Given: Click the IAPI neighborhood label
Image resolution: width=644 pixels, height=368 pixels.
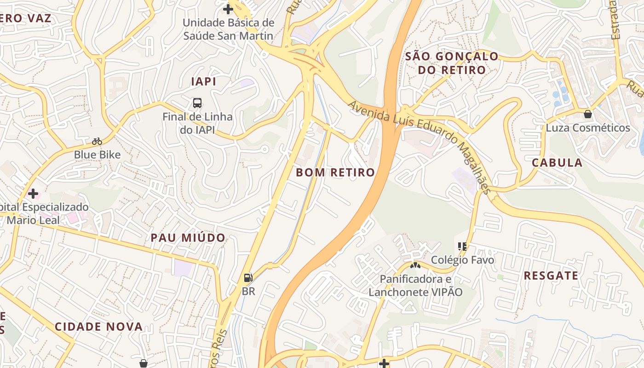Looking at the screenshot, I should click(x=203, y=81).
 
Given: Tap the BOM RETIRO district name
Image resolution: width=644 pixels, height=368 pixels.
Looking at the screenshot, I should click(x=335, y=172).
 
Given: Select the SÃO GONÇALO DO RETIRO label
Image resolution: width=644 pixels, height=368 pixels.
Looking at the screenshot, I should click(x=451, y=63).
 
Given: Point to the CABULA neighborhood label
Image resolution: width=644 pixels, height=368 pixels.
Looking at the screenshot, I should click(x=557, y=162).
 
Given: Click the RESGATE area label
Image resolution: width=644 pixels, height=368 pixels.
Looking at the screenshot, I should click(x=551, y=276).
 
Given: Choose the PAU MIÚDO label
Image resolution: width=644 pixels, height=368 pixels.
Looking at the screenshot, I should click(x=188, y=238).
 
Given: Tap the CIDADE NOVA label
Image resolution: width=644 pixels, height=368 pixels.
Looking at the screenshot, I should click(x=99, y=327).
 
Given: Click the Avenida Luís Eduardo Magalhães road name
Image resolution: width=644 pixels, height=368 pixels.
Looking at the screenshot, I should click(x=419, y=147).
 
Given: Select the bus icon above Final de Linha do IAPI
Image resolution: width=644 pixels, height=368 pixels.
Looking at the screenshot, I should click(x=197, y=103).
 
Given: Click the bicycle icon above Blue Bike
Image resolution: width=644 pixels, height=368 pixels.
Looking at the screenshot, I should click(x=97, y=141).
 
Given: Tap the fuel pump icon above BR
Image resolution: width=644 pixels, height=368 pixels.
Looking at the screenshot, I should click(x=248, y=277).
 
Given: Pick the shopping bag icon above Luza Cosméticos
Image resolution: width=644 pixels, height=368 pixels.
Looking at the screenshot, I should click(x=587, y=114).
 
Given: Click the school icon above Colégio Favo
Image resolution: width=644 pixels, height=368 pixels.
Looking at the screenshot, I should click(x=462, y=247).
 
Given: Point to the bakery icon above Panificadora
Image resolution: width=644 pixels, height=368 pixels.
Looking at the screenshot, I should click(x=415, y=265).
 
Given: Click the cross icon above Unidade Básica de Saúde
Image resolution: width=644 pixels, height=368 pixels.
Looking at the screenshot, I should click(x=228, y=9).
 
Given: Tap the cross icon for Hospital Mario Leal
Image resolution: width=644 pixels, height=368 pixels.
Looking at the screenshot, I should click(x=33, y=193).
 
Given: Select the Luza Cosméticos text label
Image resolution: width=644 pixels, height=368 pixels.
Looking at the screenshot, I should click(x=587, y=128).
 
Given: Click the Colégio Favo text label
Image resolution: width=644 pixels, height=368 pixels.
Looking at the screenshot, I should click(x=462, y=260).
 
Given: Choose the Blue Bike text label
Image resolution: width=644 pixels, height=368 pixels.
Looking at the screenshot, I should click(x=97, y=155).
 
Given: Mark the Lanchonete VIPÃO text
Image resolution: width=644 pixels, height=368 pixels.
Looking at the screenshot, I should click(x=415, y=292).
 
